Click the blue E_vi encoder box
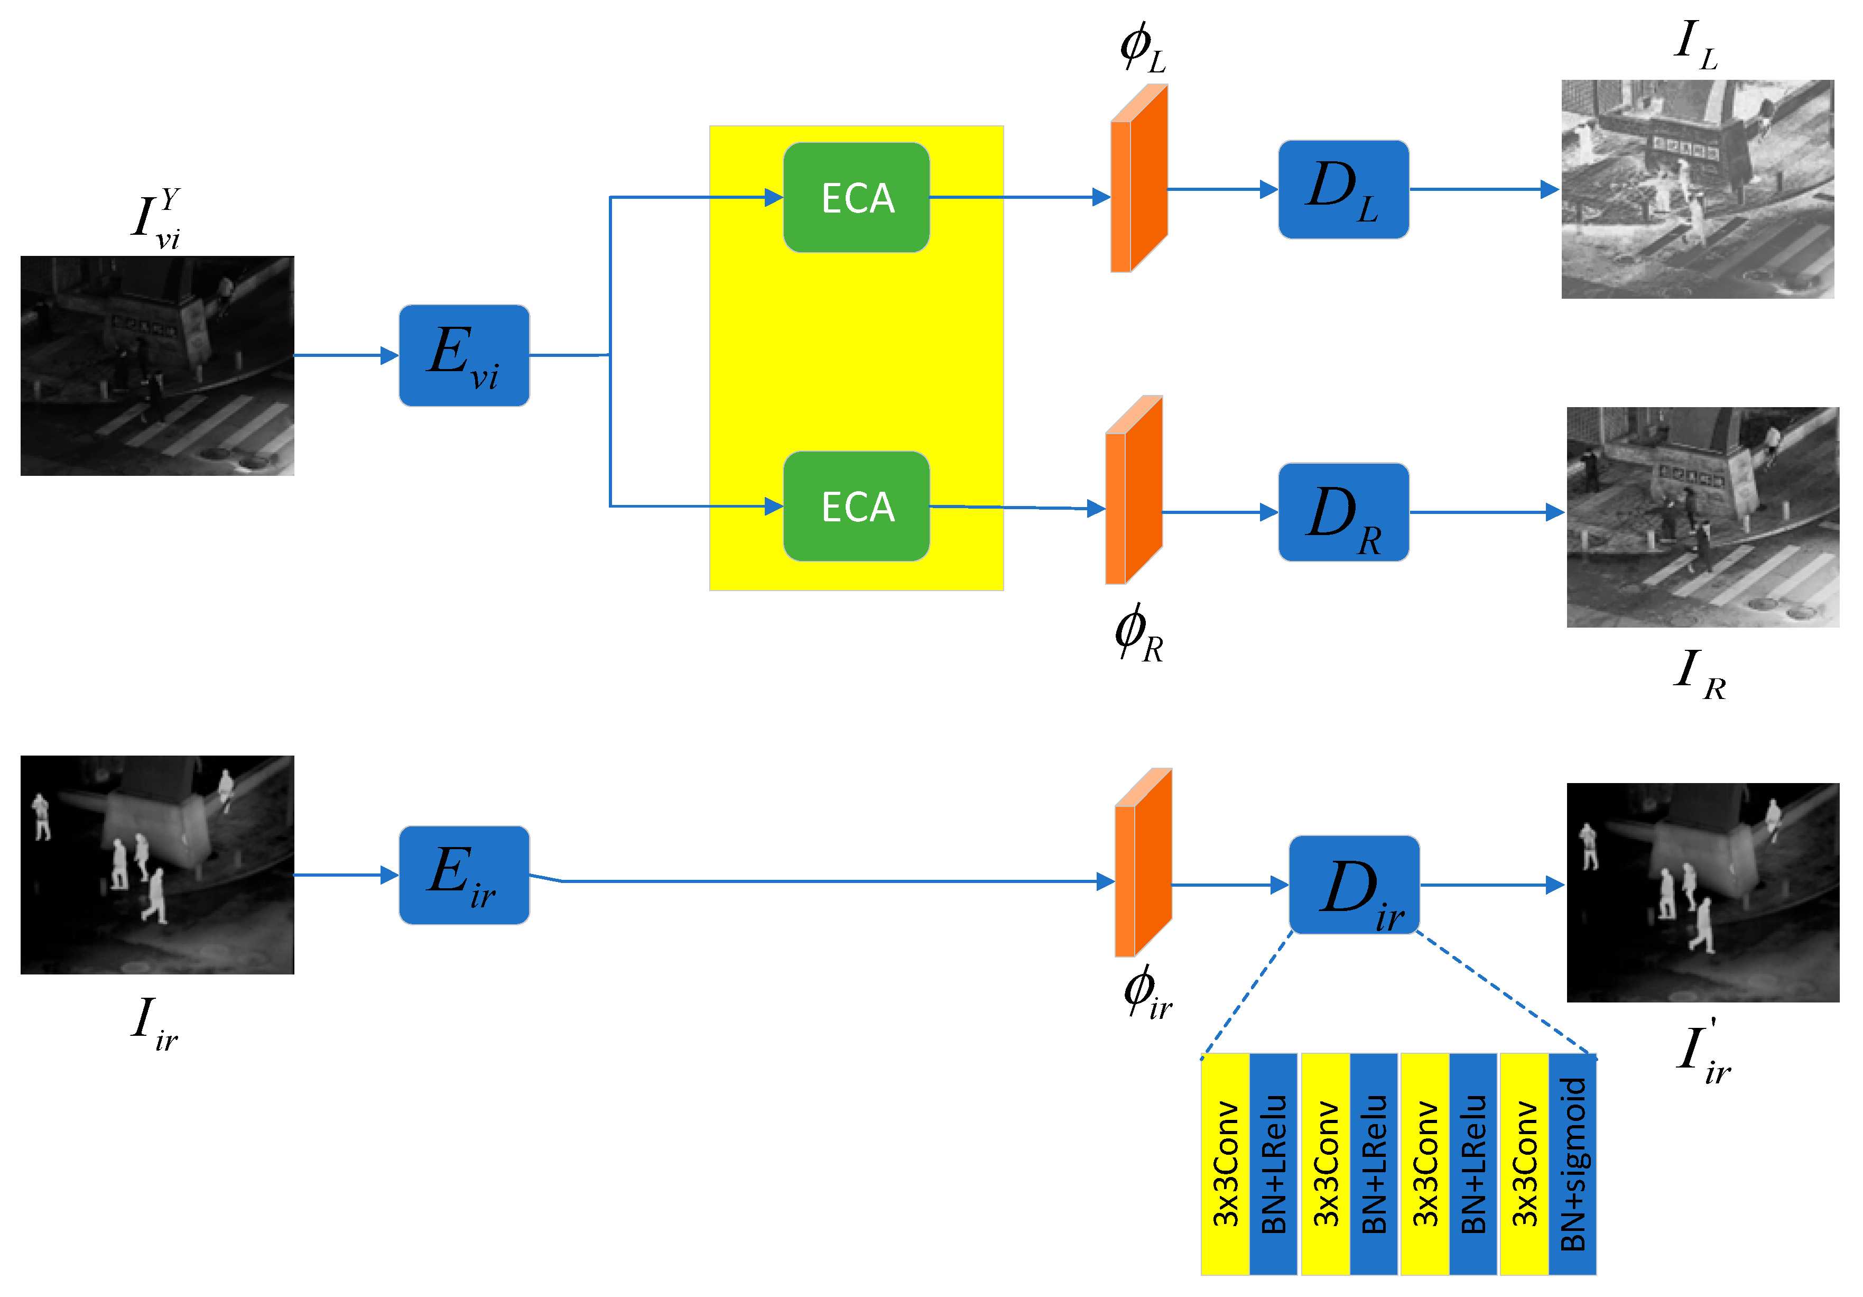464,355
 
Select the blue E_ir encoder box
464,875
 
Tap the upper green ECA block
856,197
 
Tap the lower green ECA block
856,507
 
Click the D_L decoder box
1343,189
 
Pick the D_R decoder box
1343,512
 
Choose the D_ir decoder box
1354,885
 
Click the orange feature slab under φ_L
1139,179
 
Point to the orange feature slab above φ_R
1134,490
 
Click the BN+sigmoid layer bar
1572,1163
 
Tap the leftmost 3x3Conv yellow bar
1225,1163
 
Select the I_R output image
1702,517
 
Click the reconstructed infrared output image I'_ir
1702,892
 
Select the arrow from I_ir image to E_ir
345,875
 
